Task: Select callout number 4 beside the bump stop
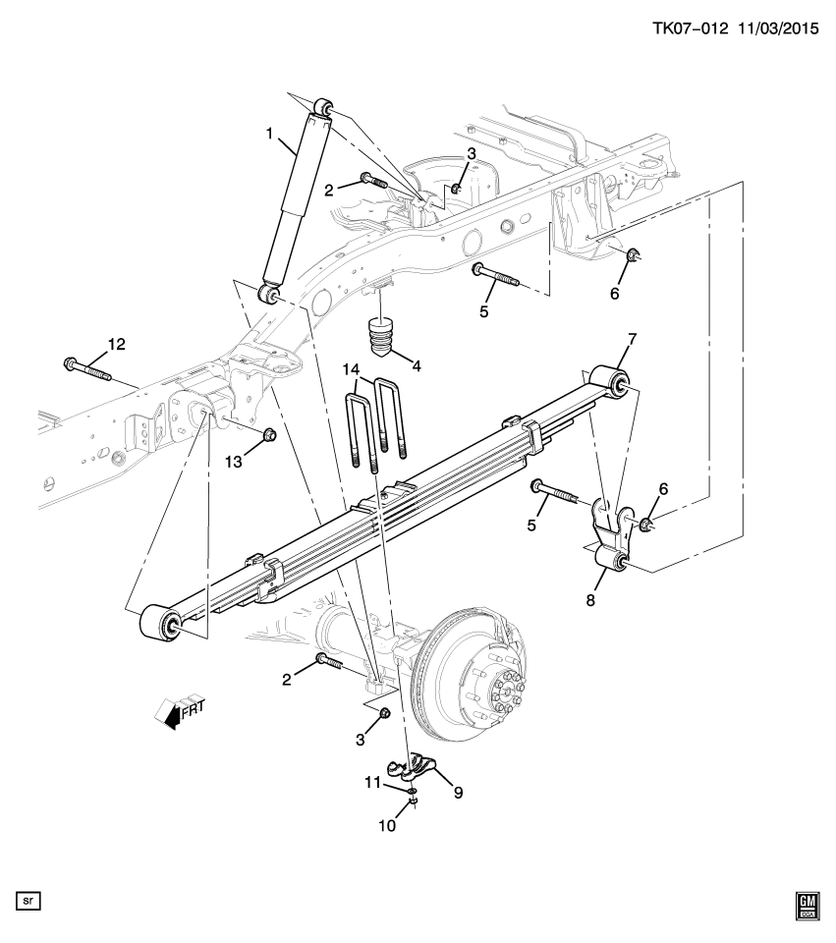417,366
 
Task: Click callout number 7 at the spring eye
632,340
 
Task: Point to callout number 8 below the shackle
591,598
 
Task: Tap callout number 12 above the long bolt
117,344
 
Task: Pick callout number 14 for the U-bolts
352,368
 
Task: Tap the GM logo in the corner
808,908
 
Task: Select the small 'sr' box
27,899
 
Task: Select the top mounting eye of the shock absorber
323,106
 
